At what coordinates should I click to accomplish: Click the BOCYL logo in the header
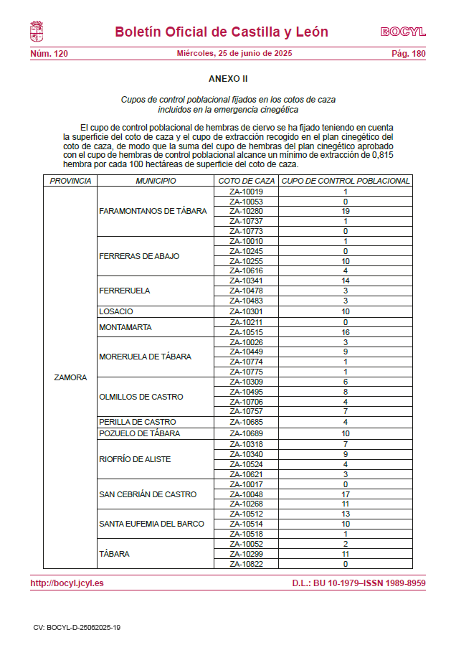click(402, 32)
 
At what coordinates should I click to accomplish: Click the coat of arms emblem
click(37, 32)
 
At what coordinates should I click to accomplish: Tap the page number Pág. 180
click(408, 54)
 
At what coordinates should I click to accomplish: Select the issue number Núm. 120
click(49, 54)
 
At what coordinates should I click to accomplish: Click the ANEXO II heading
click(228, 78)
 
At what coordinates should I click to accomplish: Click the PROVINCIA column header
click(70, 181)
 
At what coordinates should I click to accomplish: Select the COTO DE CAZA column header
click(246, 181)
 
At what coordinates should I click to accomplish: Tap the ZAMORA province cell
click(70, 377)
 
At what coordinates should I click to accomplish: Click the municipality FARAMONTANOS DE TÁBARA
click(153, 211)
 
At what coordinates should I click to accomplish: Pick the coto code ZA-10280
click(246, 211)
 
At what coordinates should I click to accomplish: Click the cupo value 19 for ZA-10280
click(345, 211)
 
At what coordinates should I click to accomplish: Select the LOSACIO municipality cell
click(116, 311)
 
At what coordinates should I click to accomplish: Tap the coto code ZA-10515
click(246, 332)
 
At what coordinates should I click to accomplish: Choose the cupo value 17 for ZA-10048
click(345, 494)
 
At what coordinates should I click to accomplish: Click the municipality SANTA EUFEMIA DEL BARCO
click(151, 524)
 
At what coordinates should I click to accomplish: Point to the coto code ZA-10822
click(246, 564)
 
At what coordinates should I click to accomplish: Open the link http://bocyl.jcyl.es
click(67, 583)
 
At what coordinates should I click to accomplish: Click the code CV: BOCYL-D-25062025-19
click(77, 627)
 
